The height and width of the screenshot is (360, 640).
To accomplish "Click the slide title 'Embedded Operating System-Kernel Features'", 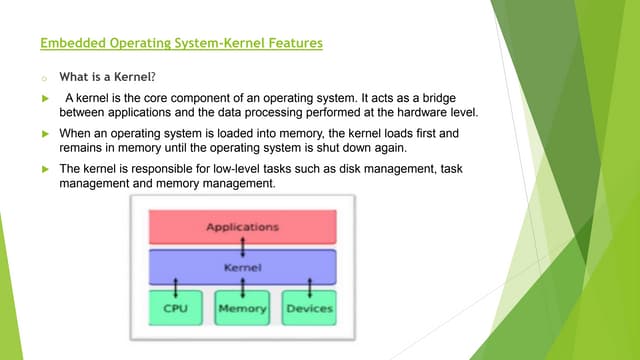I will pos(181,44).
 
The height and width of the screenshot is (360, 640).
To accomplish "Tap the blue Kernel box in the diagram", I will pos(242,268).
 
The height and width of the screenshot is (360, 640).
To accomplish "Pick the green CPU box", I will pos(175,308).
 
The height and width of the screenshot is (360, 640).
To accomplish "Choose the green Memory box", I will pos(243,308).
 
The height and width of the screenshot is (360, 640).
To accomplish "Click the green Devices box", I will pos(308,308).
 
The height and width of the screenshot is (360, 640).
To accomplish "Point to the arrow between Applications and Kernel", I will pos(242,247).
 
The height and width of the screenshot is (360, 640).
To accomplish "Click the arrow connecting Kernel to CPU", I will pos(176,288).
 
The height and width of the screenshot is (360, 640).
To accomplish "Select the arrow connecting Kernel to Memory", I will pos(243,288).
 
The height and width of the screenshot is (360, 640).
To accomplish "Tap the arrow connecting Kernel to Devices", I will pos(309,288).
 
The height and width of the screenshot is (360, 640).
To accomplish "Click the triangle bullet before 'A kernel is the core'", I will pos(45,98).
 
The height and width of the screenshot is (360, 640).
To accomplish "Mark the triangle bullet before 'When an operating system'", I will pos(45,133).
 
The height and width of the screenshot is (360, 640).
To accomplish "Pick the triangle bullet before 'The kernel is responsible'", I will pos(45,169).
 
